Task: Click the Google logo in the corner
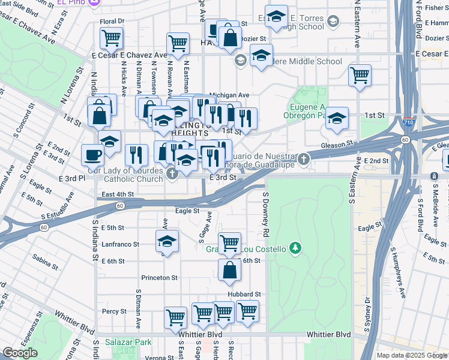(20, 353)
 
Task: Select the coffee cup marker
(92, 155)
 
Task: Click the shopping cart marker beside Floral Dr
(111, 38)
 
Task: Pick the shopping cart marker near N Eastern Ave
(360, 76)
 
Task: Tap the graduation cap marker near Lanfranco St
(167, 242)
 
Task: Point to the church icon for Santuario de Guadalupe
(304, 159)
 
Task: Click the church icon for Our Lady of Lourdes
(173, 174)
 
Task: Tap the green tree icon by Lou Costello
(294, 247)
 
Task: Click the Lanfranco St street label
(120, 245)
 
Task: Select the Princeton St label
(160, 278)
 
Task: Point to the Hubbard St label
(245, 295)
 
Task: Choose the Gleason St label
(336, 145)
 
